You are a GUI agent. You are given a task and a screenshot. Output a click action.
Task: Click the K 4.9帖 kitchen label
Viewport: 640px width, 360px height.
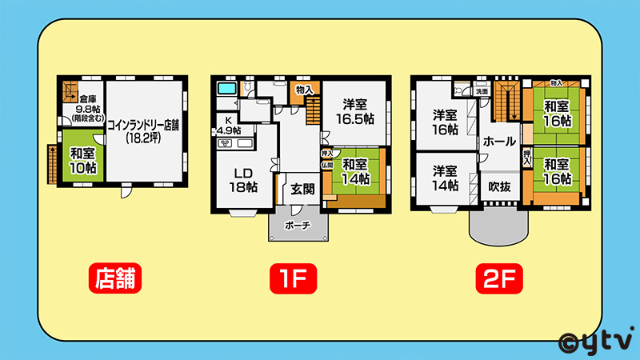pyautogui.click(x=226, y=126)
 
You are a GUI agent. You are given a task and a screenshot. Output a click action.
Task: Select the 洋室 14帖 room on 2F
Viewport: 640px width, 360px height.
pyautogui.click(x=445, y=178)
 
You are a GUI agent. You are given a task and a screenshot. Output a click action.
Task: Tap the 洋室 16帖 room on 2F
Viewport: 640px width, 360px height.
pyautogui.click(x=445, y=119)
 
